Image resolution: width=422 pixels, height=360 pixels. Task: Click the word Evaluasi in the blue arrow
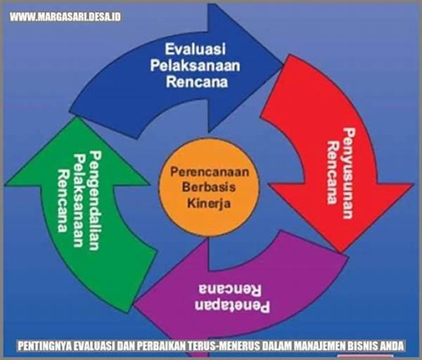coord(196,49)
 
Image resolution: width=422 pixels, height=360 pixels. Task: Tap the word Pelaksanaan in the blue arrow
coord(195,65)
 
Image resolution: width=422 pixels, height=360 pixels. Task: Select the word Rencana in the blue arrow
coord(197,82)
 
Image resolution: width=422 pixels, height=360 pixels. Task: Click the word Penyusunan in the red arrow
coord(348,173)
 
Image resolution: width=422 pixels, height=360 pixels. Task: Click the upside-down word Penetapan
coord(232,306)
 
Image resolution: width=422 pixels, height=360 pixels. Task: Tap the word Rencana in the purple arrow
coord(230,289)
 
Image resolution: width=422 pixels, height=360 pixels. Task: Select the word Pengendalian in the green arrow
coord(95,200)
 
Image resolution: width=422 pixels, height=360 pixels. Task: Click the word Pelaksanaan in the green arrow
coord(79,200)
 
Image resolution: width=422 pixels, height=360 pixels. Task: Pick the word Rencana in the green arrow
coord(63,200)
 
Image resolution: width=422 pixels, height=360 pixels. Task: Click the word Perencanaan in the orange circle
coord(210,172)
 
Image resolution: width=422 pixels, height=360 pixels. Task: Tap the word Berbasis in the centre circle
coord(209,187)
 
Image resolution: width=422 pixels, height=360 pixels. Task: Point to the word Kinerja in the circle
coord(209,203)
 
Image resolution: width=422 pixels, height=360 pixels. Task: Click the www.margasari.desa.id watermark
coord(65,17)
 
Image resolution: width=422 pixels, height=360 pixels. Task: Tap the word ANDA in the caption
coord(392,346)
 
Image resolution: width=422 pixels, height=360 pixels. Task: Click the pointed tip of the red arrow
coord(340,252)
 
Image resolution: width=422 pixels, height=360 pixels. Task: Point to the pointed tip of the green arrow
coord(77,117)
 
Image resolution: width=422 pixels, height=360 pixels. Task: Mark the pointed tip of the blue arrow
coord(283,64)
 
